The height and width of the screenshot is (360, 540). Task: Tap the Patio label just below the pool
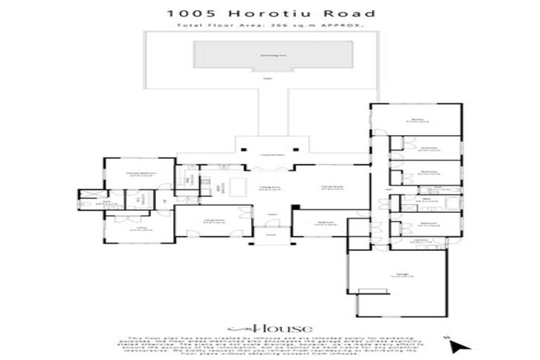click(268, 79)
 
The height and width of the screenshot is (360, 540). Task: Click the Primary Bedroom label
click(141, 173)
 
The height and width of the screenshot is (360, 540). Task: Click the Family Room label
click(330, 187)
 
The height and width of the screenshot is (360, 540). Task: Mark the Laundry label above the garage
click(420, 241)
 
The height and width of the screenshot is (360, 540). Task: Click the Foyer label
click(270, 214)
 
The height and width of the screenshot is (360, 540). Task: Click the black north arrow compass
click(458, 345)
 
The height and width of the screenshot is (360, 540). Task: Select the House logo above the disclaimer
click(269, 328)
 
